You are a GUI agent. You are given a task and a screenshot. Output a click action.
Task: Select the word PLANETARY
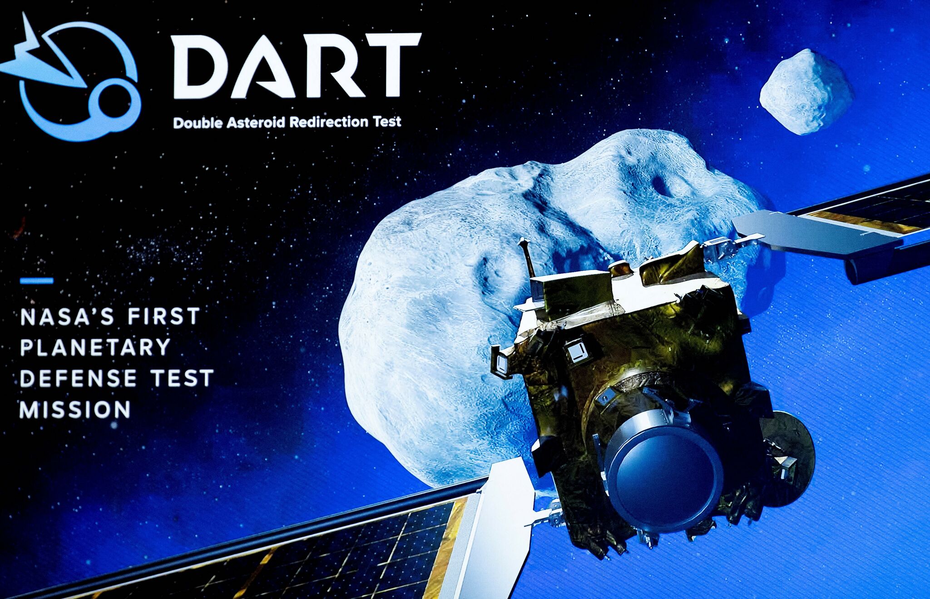(95, 348)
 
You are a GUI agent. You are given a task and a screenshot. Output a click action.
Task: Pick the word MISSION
(75, 409)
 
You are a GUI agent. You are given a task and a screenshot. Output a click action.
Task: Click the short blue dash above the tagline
(37, 281)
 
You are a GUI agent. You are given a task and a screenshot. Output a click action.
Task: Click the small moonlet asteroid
(806, 92)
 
